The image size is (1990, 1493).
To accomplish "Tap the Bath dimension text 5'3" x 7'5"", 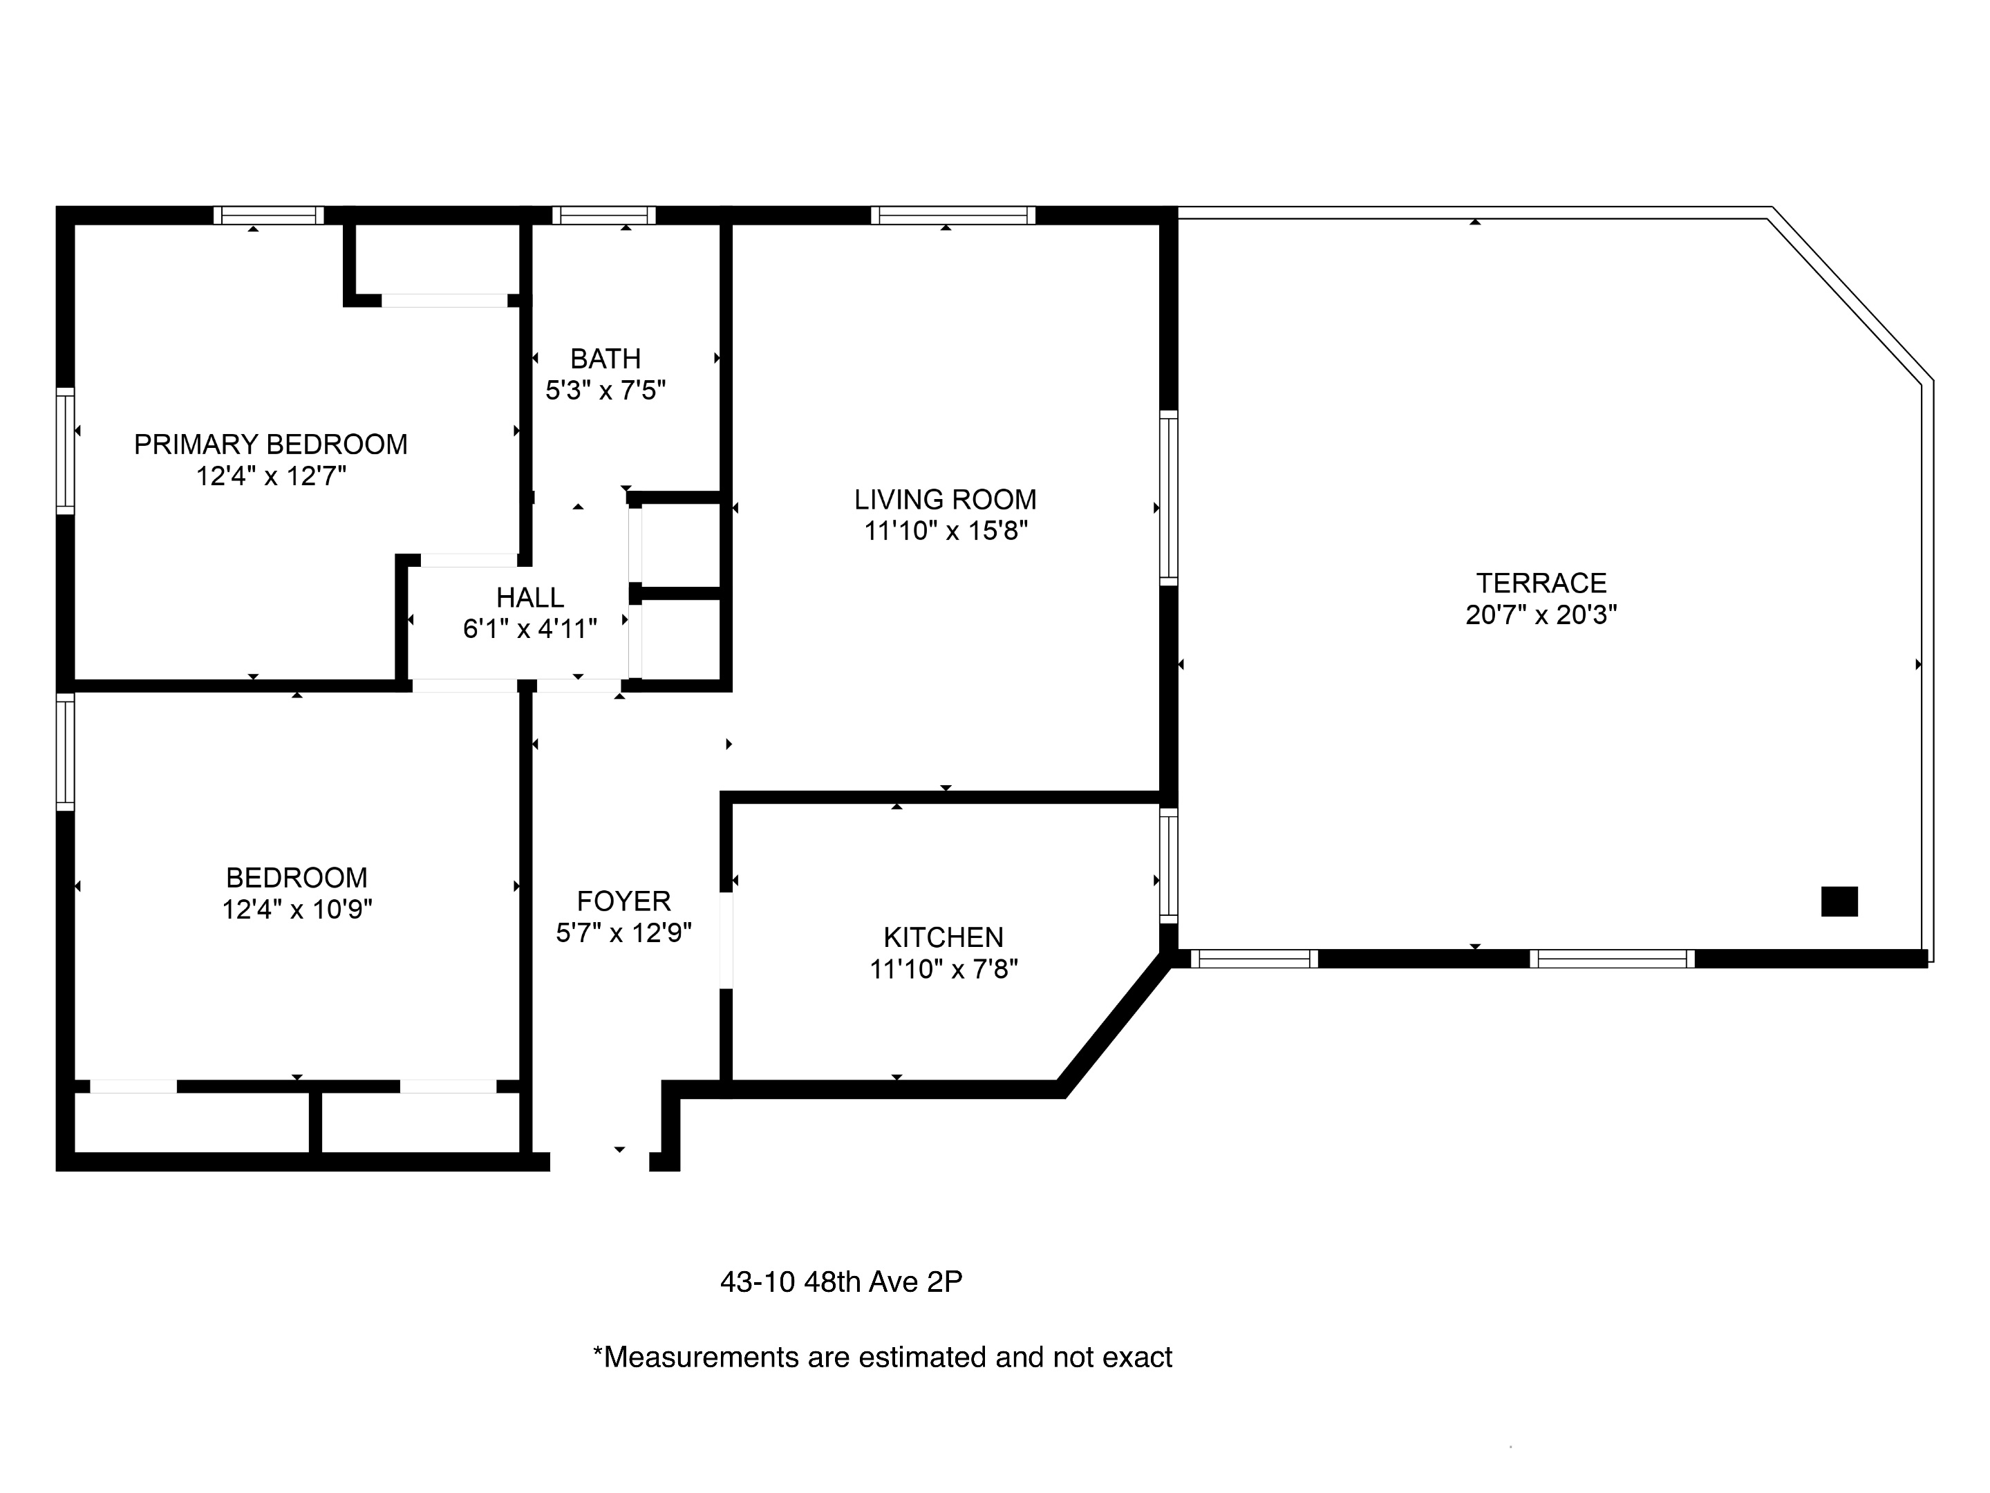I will (606, 391).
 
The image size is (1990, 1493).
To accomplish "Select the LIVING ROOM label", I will (945, 499).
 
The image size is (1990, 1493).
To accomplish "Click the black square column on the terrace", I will (1839, 901).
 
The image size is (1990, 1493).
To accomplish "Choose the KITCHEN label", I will (943, 937).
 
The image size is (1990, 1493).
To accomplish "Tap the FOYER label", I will (623, 901).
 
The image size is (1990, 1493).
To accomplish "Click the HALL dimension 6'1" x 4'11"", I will (530, 629).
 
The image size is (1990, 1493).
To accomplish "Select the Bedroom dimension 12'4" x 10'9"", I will (297, 910).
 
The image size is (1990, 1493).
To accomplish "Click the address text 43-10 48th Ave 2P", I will (841, 1281).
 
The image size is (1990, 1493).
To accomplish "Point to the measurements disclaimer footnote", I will (882, 1358).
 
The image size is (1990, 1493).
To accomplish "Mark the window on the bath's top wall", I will (603, 215).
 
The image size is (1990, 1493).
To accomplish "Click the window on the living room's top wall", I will (952, 215).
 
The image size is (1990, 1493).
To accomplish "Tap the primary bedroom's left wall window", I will (65, 451).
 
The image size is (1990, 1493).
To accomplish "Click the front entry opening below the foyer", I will (599, 1161).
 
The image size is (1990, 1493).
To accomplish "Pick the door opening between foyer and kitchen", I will (726, 940).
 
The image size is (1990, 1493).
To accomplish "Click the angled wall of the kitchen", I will (1116, 1024).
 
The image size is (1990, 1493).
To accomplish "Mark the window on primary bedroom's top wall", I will (268, 215).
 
